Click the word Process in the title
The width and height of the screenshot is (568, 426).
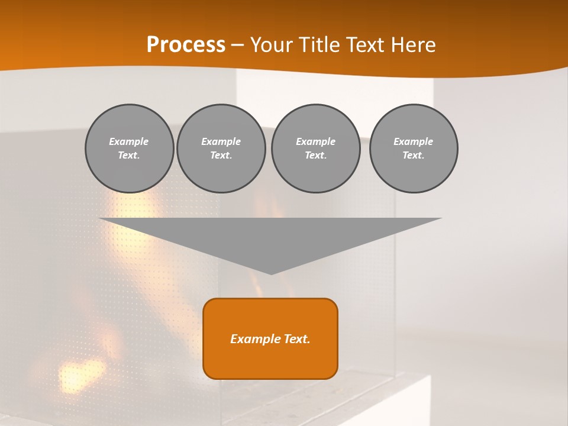[x=186, y=45]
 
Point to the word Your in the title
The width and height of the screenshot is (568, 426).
[x=272, y=45]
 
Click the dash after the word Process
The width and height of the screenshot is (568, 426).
[x=238, y=46]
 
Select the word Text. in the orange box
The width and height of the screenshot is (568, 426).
[x=296, y=339]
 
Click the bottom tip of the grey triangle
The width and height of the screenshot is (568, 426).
[x=271, y=273]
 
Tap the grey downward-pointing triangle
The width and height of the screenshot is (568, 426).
[x=270, y=237]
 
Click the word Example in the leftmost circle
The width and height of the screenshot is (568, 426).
[x=129, y=141]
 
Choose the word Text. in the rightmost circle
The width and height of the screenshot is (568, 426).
[x=414, y=155]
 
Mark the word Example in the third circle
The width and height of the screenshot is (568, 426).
[x=316, y=141]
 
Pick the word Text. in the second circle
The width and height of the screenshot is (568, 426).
[x=221, y=155]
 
